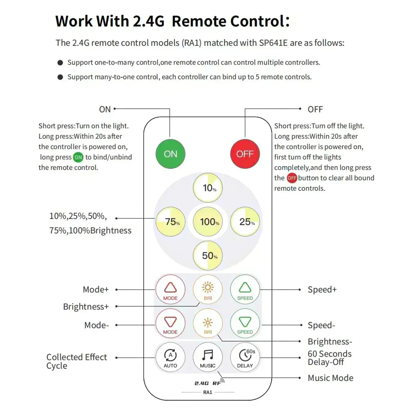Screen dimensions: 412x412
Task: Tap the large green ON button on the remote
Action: (170, 154)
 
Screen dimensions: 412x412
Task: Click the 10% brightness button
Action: (208, 188)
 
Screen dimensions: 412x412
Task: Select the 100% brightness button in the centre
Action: (208, 222)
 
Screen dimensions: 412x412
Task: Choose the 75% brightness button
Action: (170, 222)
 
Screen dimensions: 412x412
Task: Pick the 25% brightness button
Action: (245, 222)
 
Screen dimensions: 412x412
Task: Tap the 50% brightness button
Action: (208, 255)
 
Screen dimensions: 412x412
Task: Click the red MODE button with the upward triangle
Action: (170, 289)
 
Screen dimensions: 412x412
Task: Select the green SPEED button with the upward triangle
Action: (245, 289)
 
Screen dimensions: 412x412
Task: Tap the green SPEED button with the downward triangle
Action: (245, 323)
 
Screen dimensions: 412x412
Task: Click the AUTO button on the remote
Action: (170, 357)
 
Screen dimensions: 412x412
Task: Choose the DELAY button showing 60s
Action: (245, 357)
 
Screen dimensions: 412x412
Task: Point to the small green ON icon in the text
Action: (78, 157)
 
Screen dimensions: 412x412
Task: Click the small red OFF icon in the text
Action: (292, 178)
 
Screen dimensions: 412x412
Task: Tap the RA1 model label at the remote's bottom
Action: (208, 392)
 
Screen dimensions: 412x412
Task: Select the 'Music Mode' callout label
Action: (331, 378)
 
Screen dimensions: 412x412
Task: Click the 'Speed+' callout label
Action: (322, 289)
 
